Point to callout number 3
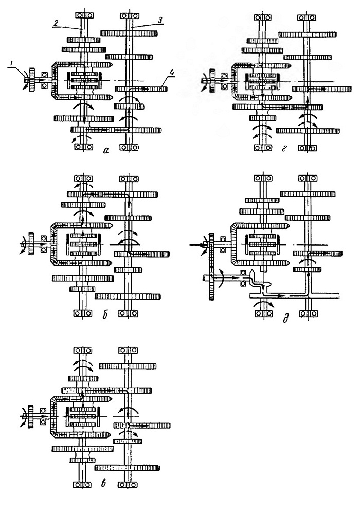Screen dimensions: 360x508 tap(159, 20)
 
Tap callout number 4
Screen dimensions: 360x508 tap(171, 73)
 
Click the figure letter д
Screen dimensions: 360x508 tap(285, 318)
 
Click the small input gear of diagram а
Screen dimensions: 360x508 tap(32, 80)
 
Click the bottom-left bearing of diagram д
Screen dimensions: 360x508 tap(263, 313)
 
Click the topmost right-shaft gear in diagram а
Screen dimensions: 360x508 tap(129, 33)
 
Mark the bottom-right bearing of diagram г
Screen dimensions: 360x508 tap(307, 148)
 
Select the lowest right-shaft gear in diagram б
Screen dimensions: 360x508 tap(128, 296)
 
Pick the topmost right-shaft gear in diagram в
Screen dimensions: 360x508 tap(128, 366)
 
